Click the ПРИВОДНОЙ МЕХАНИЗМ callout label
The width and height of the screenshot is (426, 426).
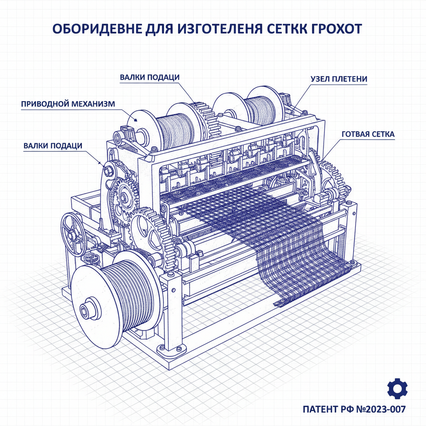(67, 104)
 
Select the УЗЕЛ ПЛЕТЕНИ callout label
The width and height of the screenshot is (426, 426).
(339, 79)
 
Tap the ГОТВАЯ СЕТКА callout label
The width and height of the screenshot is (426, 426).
(368, 134)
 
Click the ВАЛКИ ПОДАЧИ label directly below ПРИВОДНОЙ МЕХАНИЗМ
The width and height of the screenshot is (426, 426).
(52, 145)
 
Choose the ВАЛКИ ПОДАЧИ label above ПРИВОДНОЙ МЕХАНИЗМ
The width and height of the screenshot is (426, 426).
(150, 77)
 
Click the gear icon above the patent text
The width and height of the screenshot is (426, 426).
(397, 389)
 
